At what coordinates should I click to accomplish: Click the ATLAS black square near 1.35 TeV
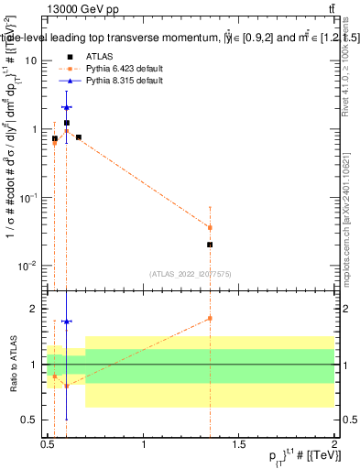211,245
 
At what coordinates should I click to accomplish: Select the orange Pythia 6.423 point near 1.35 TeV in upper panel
211,227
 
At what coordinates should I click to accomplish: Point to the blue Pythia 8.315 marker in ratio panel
67,322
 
